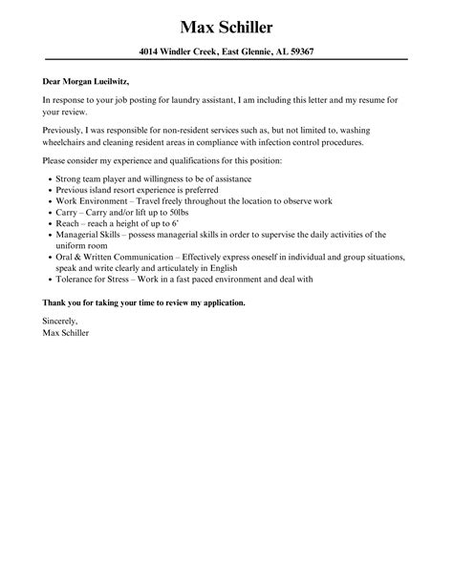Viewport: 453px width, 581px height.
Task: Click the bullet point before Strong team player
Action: click(x=47, y=178)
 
